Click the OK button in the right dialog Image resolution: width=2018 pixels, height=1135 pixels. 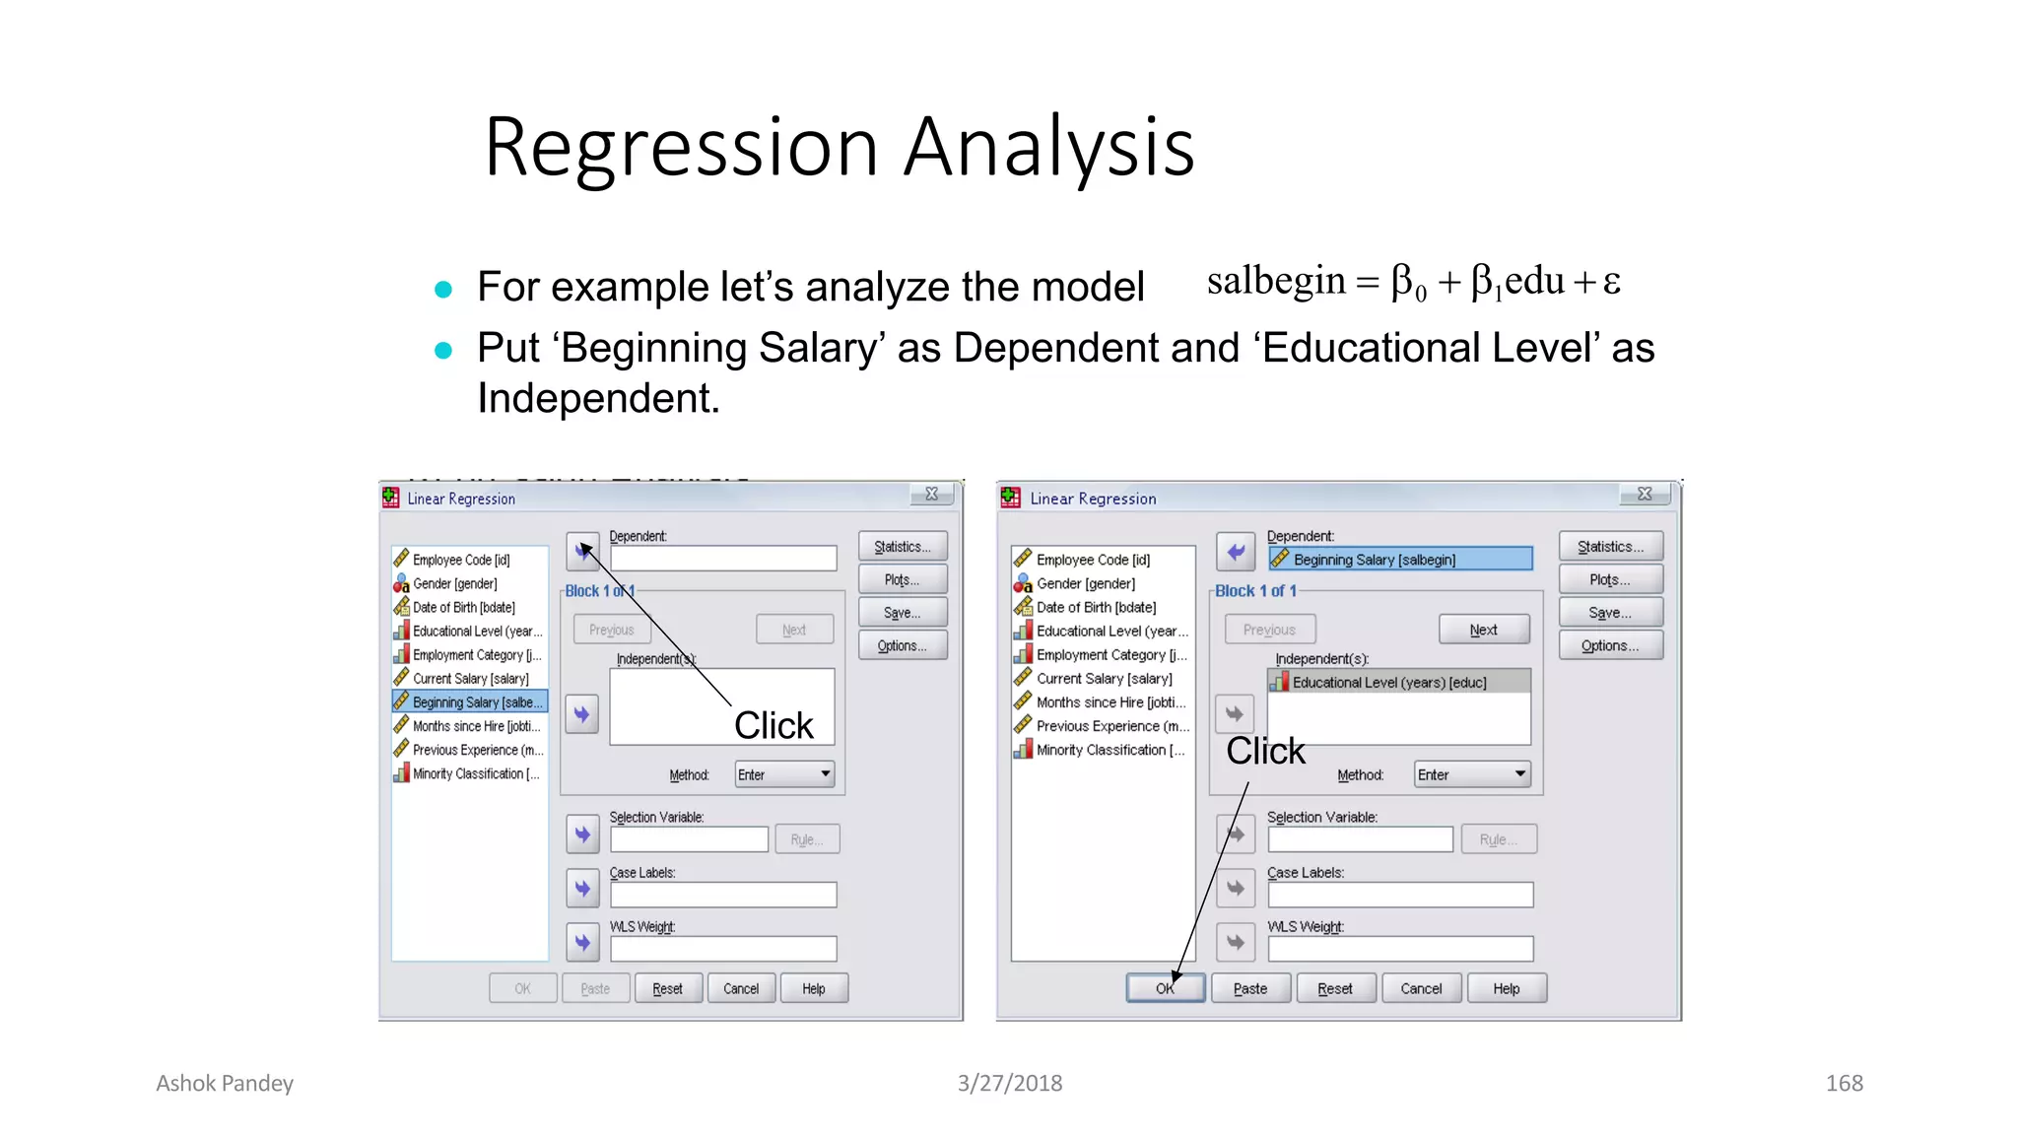pyautogui.click(x=1165, y=988)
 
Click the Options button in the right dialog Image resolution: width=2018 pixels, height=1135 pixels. pyautogui.click(x=1610, y=645)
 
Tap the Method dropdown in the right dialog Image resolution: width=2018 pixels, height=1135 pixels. pyautogui.click(x=1472, y=774)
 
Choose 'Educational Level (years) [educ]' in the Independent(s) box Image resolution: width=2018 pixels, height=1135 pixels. pyautogui.click(x=1389, y=682)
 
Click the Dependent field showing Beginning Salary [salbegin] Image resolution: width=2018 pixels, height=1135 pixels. pyautogui.click(x=1399, y=560)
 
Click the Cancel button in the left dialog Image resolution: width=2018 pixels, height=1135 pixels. pyautogui.click(x=741, y=988)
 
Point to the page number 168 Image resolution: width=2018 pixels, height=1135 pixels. pyautogui.click(x=1844, y=1083)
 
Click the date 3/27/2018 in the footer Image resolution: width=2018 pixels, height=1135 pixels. pyautogui.click(x=1010, y=1083)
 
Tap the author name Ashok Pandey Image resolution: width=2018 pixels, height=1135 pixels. pyautogui.click(x=225, y=1083)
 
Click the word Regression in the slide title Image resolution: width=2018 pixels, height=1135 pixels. pyautogui.click(x=680, y=148)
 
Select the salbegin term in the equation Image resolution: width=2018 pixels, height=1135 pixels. pyautogui.click(x=1276, y=282)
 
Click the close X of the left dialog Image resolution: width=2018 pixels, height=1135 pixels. pyautogui.click(x=931, y=494)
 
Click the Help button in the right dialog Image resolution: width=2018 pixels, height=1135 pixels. pyautogui.click(x=1506, y=988)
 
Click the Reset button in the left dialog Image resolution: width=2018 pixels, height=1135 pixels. pyautogui.click(x=667, y=988)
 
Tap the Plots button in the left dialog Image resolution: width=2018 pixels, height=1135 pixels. pyautogui.click(x=902, y=579)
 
